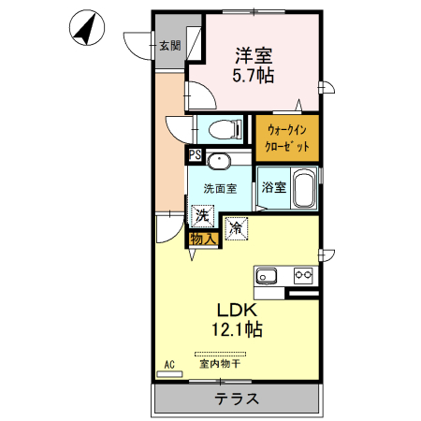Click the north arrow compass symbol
(x=87, y=28)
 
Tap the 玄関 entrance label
(x=170, y=46)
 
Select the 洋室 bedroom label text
(x=254, y=55)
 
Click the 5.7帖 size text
(x=254, y=75)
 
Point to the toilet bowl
(x=225, y=129)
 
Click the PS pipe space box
(x=196, y=155)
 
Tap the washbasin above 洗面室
(x=219, y=161)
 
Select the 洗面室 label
(x=220, y=189)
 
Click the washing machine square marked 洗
(x=202, y=215)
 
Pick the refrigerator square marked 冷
(x=237, y=229)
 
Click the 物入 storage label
(x=203, y=239)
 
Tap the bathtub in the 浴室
(x=304, y=188)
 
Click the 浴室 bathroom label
(x=274, y=187)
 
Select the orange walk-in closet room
(x=287, y=138)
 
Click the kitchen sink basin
(x=267, y=276)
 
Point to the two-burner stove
(x=303, y=275)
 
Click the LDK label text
(x=237, y=311)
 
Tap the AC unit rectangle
(x=169, y=374)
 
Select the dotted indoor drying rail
(x=220, y=354)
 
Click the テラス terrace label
(x=237, y=399)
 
